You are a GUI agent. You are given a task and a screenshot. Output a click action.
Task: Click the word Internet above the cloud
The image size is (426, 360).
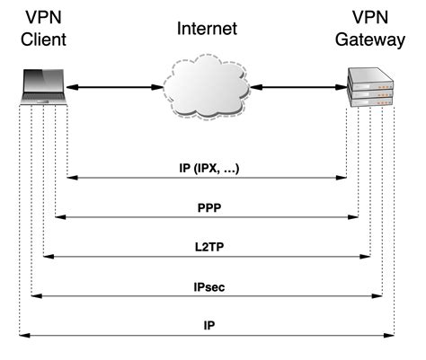(208, 29)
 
